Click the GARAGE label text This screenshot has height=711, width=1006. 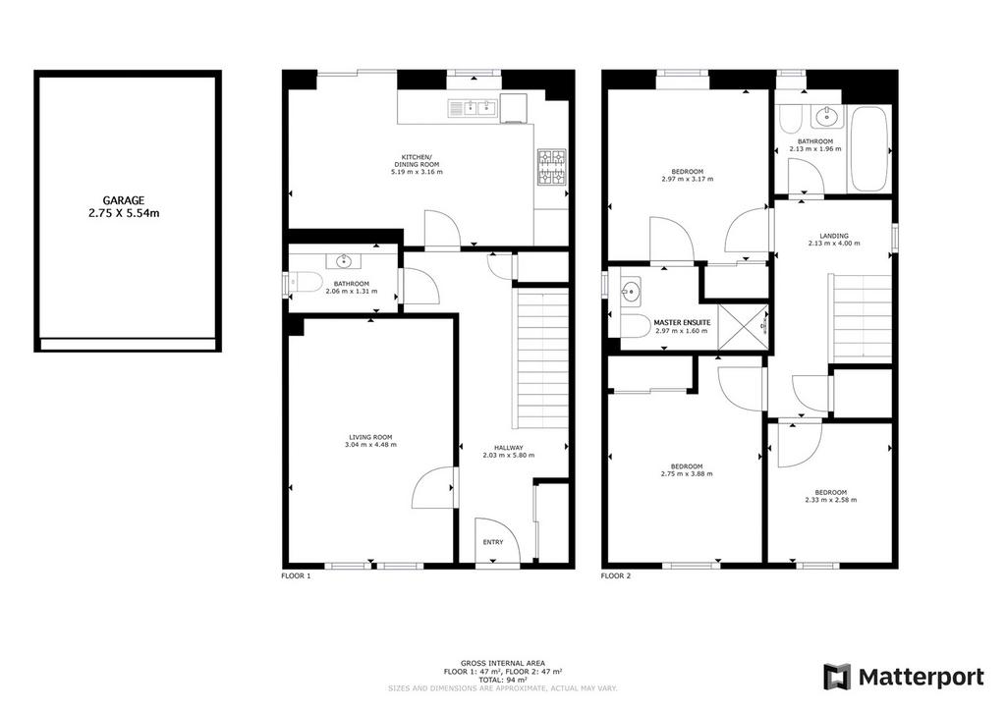point(124,200)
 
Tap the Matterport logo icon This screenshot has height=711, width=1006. point(837,677)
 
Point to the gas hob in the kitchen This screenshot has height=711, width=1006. point(552,167)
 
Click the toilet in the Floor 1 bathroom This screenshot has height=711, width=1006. point(306,282)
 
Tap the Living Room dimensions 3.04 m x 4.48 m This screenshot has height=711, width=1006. point(370,444)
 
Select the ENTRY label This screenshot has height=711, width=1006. point(493,542)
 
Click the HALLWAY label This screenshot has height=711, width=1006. point(509,448)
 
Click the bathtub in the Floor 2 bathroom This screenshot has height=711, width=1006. point(868,148)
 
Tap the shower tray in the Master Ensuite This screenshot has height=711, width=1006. point(743,328)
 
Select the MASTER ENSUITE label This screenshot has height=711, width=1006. point(682,322)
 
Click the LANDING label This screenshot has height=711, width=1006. point(834,236)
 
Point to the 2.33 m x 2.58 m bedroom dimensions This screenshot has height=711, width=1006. point(831,500)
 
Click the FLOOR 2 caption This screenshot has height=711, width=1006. point(616,575)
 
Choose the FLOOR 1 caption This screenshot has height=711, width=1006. point(297,575)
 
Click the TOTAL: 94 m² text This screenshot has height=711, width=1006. point(503,680)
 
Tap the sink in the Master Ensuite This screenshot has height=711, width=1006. point(631,291)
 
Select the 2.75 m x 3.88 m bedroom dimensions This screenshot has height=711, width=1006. point(687,474)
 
